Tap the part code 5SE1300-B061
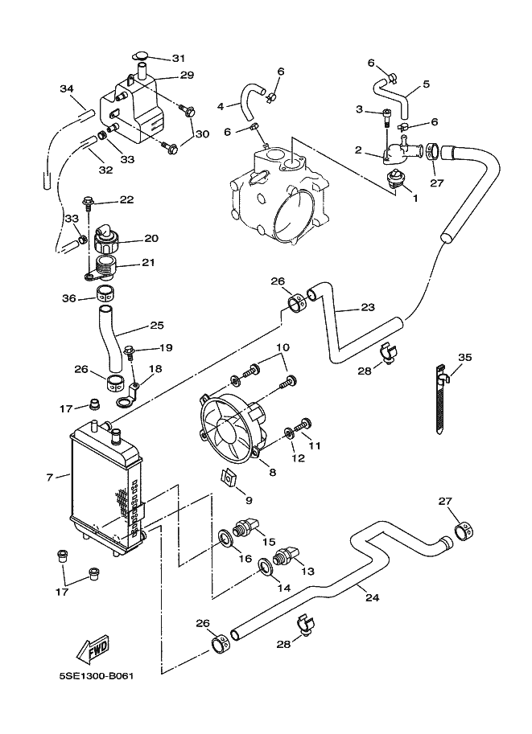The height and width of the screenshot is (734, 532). [x=96, y=675]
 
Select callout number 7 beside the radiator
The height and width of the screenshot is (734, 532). [x=50, y=478]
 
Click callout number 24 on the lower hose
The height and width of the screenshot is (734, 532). [x=371, y=597]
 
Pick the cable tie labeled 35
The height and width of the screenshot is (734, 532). [x=441, y=402]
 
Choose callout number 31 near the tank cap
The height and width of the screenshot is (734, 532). [x=178, y=58]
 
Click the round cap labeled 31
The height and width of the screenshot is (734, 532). [x=141, y=55]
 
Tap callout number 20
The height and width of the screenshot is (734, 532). [x=151, y=238]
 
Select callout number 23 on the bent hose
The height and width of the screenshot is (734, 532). [x=368, y=307]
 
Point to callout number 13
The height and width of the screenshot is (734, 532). [x=307, y=571]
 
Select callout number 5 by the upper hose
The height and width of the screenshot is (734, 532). [x=426, y=84]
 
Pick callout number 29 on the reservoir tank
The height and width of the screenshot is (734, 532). [x=188, y=75]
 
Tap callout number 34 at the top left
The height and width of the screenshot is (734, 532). [x=66, y=88]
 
